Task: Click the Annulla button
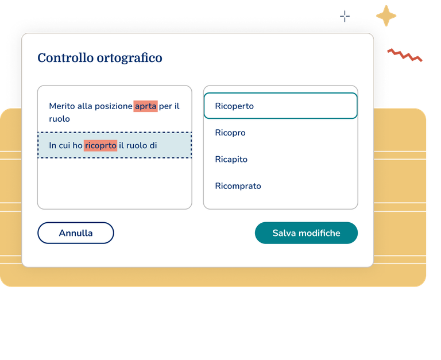(76, 233)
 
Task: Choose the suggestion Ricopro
(230, 133)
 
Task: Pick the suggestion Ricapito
(231, 159)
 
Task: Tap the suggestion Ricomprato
(238, 186)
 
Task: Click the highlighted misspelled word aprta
(145, 106)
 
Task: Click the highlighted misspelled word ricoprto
(100, 145)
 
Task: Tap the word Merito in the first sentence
(62, 106)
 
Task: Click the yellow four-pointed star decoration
(386, 16)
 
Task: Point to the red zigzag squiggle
(404, 55)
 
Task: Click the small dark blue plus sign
(345, 16)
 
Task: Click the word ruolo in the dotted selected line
(136, 145)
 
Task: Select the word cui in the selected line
(65, 145)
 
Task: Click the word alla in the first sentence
(85, 106)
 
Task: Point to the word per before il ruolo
(166, 106)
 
